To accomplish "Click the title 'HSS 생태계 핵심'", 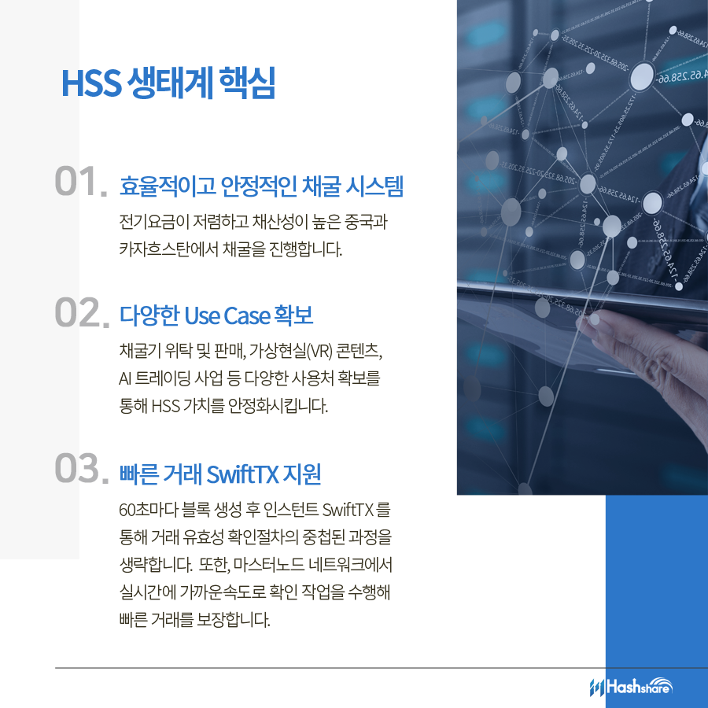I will [x=168, y=85].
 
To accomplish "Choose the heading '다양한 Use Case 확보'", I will [x=216, y=316].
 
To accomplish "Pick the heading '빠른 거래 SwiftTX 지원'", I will [x=220, y=474].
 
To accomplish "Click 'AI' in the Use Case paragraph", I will [x=124, y=378].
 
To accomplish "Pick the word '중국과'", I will [x=367, y=222].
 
